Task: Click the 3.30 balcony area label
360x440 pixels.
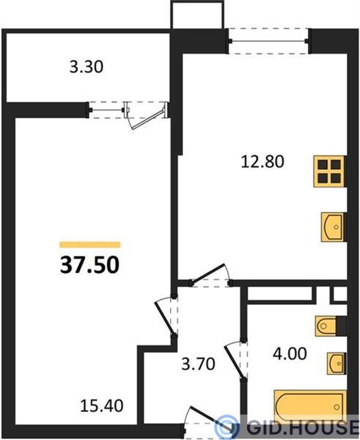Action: (x=86, y=67)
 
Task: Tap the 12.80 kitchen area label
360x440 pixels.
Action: (x=263, y=161)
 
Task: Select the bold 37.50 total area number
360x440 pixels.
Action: (x=90, y=265)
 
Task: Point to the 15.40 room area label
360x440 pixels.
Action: (x=101, y=406)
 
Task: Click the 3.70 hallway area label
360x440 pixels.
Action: (x=199, y=364)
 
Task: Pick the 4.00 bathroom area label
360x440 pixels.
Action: (x=290, y=354)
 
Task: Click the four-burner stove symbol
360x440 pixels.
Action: (x=329, y=171)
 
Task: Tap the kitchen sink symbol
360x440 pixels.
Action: (x=333, y=227)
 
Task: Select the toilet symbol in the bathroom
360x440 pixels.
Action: (x=326, y=326)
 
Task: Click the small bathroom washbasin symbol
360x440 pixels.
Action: (x=336, y=363)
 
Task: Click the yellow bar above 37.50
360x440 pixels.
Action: (x=90, y=245)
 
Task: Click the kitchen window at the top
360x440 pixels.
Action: (x=269, y=41)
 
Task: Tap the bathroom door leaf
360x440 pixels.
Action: (x=235, y=363)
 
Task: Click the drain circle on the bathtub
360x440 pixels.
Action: (x=337, y=407)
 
